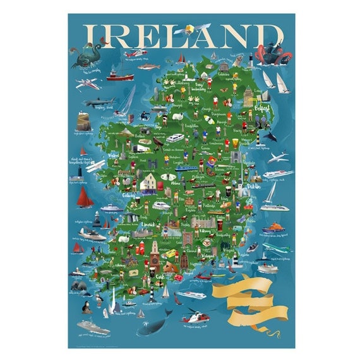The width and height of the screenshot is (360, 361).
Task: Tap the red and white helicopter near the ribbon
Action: click(x=193, y=314)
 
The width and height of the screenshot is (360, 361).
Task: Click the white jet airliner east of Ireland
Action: click(x=277, y=157)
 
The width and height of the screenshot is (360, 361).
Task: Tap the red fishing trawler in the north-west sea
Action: click(x=121, y=75)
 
